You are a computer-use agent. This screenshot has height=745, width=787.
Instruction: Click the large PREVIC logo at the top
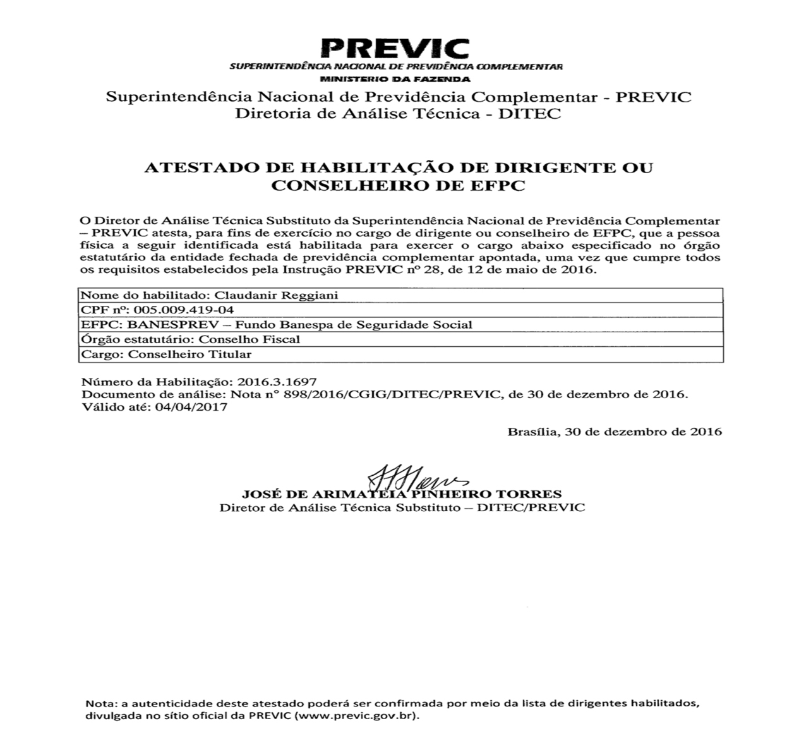[395, 47]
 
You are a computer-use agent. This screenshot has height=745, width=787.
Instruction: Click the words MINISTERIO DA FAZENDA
[395, 80]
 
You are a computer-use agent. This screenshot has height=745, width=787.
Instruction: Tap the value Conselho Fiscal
[249, 339]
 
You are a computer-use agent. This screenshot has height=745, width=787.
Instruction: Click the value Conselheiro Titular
[189, 354]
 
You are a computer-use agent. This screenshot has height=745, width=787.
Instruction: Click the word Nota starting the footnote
[97, 704]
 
